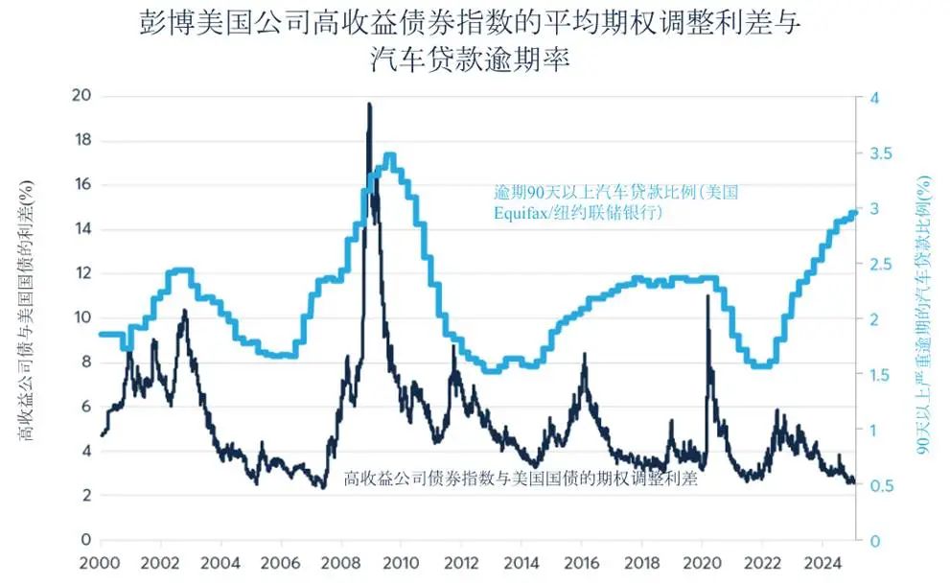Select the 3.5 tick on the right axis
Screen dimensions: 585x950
click(x=879, y=153)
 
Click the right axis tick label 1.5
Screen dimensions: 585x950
click(x=879, y=375)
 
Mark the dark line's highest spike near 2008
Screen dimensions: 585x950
click(x=369, y=105)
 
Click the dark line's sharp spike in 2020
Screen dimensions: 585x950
click(x=707, y=296)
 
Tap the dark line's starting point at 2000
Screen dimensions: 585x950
click(x=102, y=435)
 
